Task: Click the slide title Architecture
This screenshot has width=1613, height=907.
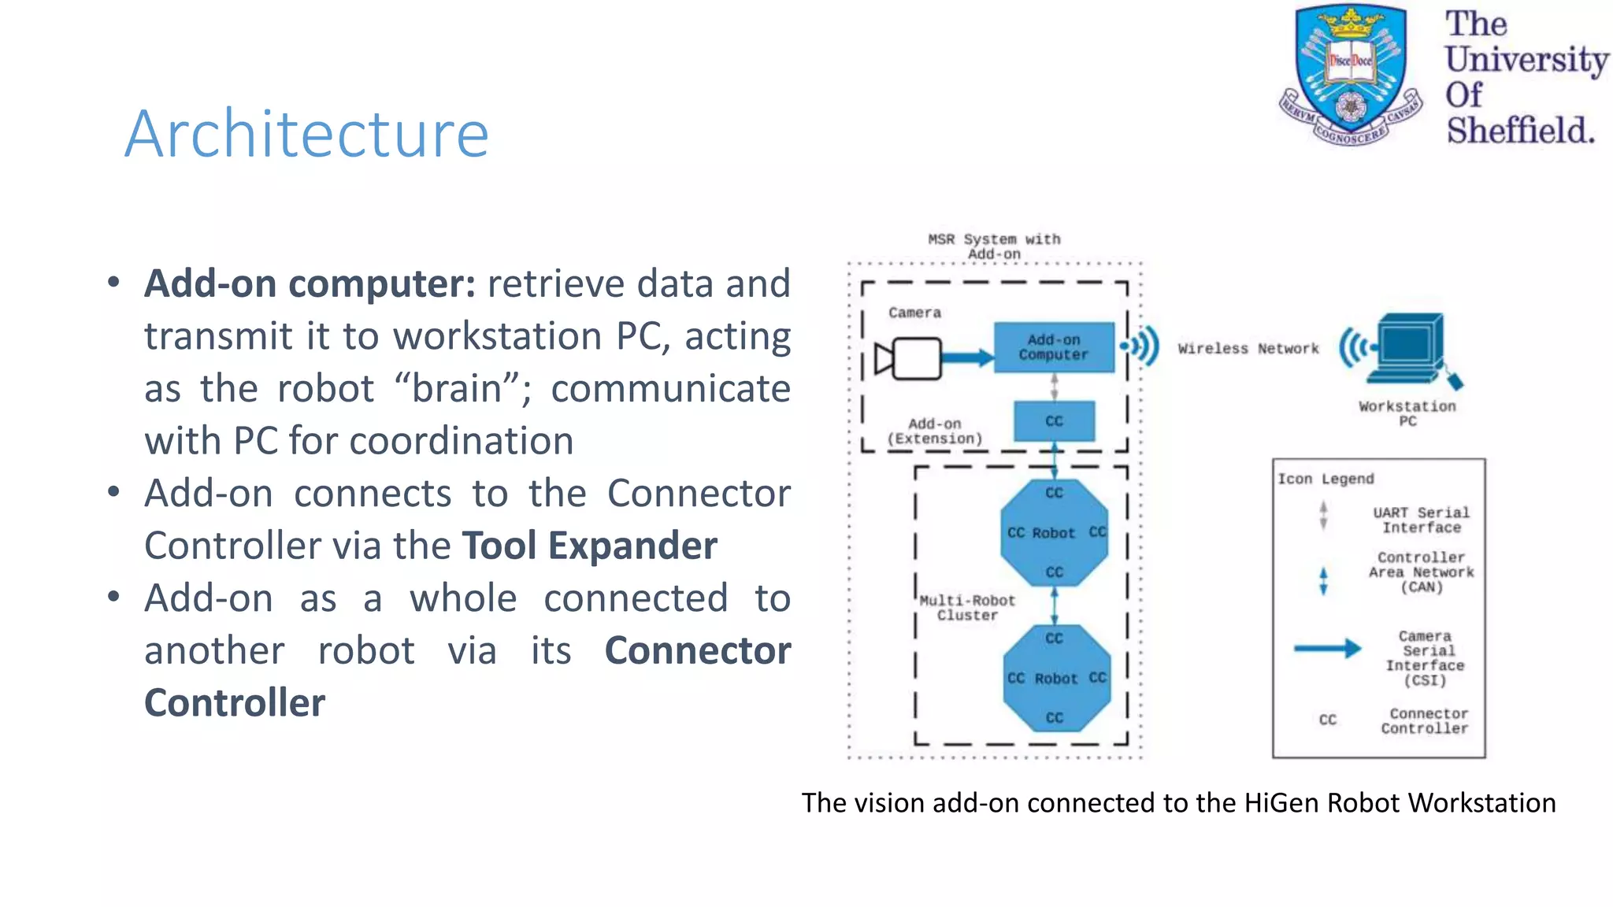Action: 306,133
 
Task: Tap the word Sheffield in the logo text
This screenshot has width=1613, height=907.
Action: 1519,130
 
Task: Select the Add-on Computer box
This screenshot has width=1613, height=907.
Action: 1054,347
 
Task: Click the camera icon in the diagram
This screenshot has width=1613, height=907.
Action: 910,359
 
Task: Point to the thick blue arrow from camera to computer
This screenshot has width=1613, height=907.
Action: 968,358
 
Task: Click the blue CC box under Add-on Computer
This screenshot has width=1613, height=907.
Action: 1054,421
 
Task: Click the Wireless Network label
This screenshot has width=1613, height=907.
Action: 1248,348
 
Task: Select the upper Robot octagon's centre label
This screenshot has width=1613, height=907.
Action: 1053,533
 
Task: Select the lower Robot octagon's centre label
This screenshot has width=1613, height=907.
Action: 1055,679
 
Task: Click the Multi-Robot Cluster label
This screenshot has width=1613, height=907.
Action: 967,608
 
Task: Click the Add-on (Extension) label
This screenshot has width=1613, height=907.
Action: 935,431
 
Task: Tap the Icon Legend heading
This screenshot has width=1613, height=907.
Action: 1326,479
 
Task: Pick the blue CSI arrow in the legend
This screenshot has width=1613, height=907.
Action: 1327,649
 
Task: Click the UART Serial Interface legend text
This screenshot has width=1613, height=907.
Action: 1421,520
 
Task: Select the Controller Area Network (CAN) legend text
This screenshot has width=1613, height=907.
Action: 1421,572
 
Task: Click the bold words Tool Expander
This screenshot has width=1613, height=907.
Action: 589,546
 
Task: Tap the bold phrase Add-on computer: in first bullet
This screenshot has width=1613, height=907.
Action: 310,283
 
